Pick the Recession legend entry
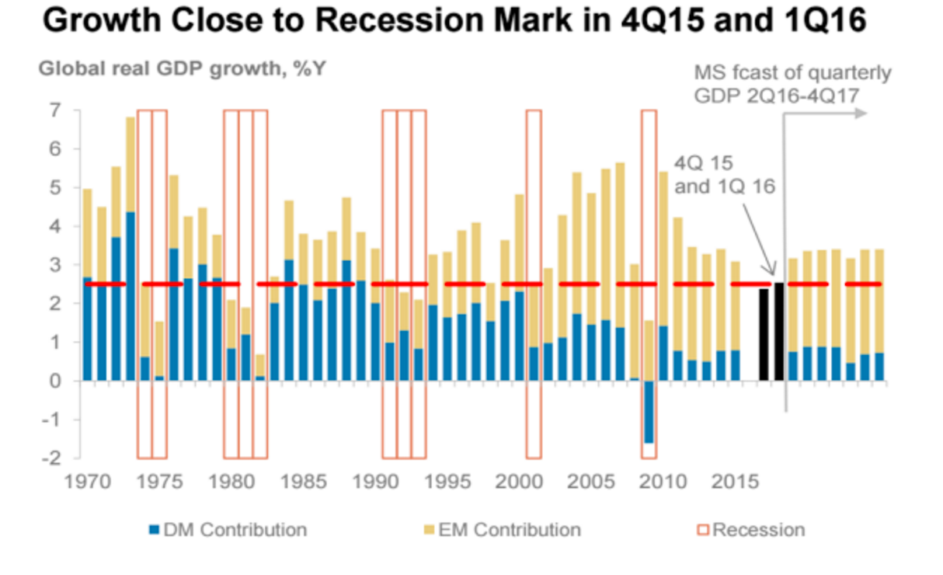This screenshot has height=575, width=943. (x=750, y=530)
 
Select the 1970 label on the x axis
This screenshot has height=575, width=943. (x=87, y=482)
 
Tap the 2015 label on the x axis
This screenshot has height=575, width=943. (x=733, y=482)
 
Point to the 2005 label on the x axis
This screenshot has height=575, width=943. (x=590, y=482)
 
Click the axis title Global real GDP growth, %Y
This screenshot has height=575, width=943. (x=183, y=68)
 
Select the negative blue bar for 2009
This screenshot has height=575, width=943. (x=649, y=412)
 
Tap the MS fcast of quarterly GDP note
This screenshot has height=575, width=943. (x=792, y=84)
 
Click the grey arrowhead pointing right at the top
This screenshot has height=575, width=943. (x=860, y=113)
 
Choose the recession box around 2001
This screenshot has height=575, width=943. (x=533, y=284)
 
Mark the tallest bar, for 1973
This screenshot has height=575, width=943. (x=130, y=249)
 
